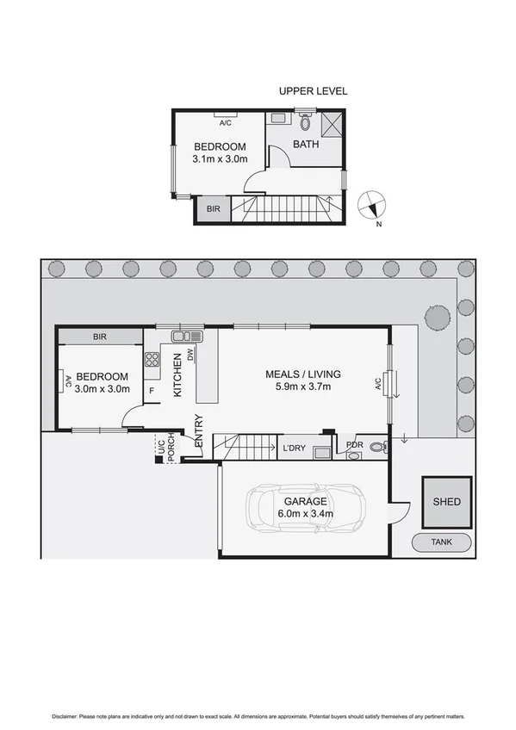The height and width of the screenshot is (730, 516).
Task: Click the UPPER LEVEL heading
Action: pyautogui.click(x=313, y=90)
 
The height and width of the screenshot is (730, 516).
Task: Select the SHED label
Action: pyautogui.click(x=446, y=502)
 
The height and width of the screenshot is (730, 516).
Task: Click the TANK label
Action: pyautogui.click(x=442, y=542)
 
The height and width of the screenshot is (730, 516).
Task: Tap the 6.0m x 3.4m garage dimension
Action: pyautogui.click(x=305, y=515)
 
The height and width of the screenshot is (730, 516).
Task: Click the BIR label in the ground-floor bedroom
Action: pyautogui.click(x=100, y=337)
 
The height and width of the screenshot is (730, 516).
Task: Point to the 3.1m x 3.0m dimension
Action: pyautogui.click(x=220, y=159)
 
